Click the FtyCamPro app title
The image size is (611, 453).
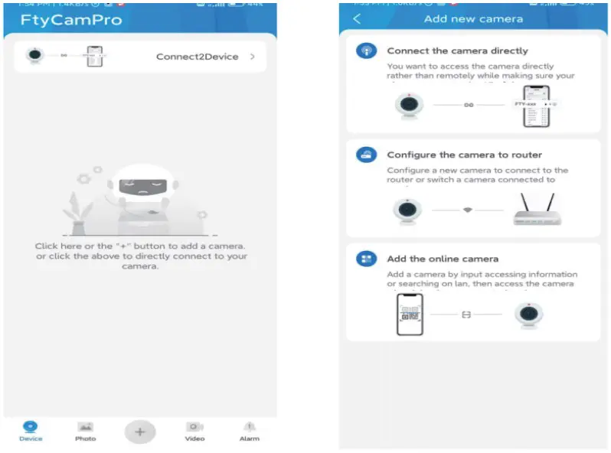coord(70,21)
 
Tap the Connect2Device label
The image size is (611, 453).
coord(197,57)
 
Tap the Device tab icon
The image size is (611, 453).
coord(31,427)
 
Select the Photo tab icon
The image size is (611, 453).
coord(85,427)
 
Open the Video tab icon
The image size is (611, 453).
coord(194,427)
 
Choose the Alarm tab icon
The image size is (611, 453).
coord(249,427)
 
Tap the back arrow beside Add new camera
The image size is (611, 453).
coord(357,18)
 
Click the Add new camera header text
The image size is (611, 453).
coord(473,18)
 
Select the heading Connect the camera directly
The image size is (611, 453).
coord(457,51)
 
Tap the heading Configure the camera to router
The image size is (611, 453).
coord(464,155)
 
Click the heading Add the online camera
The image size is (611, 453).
coord(443,259)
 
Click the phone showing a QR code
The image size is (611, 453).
coord(410,314)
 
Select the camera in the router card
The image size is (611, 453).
coord(406,211)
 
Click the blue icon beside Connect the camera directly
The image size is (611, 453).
coord(366,51)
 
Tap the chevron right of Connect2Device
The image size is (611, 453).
coord(253,57)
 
